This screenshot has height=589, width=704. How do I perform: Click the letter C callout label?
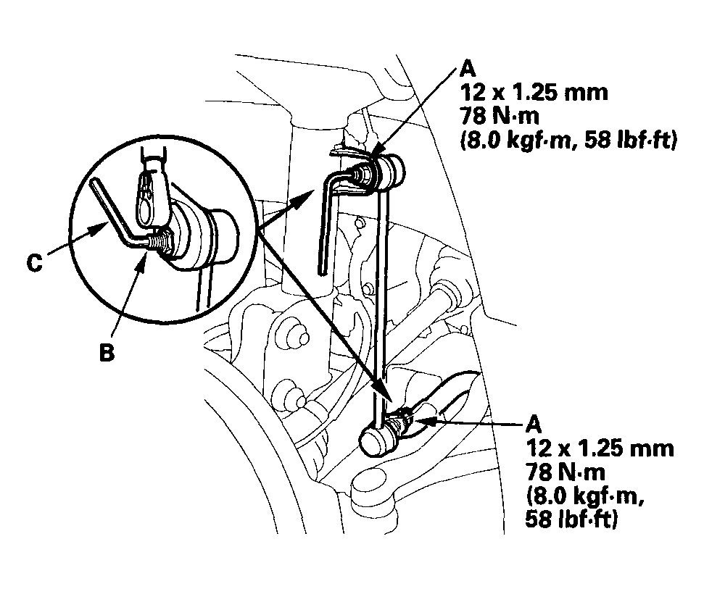pyautogui.click(x=35, y=263)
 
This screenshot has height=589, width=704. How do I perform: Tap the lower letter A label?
pyautogui.click(x=533, y=424)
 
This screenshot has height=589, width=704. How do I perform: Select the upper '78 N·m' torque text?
pyautogui.click(x=500, y=116)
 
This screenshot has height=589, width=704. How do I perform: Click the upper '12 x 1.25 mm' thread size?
pyautogui.click(x=534, y=93)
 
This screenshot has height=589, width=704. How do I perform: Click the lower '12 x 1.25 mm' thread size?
pyautogui.click(x=600, y=448)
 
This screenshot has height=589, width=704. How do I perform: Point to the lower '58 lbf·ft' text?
pyautogui.click(x=571, y=519)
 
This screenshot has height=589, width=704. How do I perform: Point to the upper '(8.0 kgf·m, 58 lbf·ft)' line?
pyautogui.click(x=568, y=141)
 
